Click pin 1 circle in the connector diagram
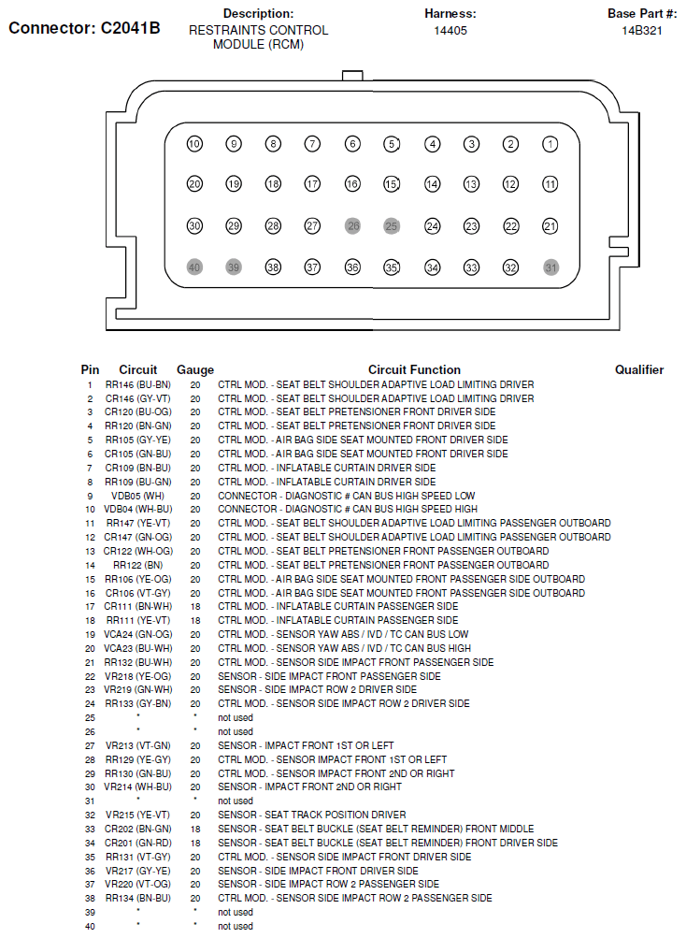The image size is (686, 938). tap(550, 144)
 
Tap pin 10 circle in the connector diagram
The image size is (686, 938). tap(194, 144)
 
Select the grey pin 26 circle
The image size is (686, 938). tap(352, 226)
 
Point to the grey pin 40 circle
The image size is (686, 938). tap(194, 267)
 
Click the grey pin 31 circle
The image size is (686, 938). tap(550, 267)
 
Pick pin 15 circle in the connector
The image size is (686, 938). tap(392, 185)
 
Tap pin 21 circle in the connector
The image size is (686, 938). tap(550, 226)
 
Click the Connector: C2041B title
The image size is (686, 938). tap(84, 28)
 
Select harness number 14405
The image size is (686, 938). tap(450, 31)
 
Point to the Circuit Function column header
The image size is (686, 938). tap(414, 370)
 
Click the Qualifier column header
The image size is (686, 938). tap(639, 370)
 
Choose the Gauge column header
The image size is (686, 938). tap(195, 370)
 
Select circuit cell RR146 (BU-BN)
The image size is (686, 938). tap(137, 384)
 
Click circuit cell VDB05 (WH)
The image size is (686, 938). tap(137, 496)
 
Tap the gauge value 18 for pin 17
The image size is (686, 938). tap(195, 607)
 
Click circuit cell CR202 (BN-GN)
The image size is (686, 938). tap(137, 829)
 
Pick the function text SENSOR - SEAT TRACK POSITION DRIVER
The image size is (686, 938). tap(312, 815)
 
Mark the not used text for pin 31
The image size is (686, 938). tap(236, 801)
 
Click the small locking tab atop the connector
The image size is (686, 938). tap(352, 75)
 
